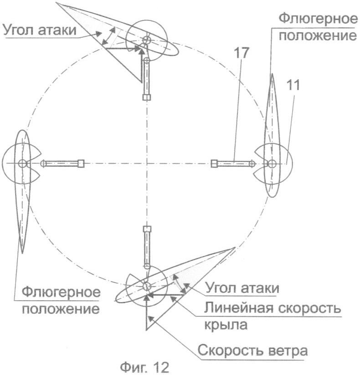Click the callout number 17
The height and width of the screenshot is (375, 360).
[x=242, y=53]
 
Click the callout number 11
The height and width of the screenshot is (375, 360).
[x=293, y=85]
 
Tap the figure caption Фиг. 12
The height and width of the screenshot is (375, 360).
[x=144, y=367]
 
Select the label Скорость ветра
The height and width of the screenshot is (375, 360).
[x=252, y=351]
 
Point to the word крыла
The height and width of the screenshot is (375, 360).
[x=226, y=324]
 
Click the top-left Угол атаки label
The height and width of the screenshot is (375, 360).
[x=40, y=30]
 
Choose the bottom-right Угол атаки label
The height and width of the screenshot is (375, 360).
[x=242, y=288]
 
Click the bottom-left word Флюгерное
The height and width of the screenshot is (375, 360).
[x=62, y=292]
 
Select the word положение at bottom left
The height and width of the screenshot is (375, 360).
[x=61, y=309]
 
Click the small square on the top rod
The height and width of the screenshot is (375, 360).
[x=147, y=97]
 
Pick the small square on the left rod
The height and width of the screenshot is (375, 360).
[x=81, y=163]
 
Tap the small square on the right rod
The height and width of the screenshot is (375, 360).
[x=214, y=163]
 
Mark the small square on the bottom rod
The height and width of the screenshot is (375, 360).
[x=147, y=229]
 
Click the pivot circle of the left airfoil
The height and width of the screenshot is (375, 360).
[x=22, y=163]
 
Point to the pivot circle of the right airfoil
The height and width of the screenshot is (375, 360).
[x=272, y=164]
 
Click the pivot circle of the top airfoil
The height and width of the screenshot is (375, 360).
[x=147, y=40]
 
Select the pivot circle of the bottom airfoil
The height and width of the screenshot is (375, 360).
[x=146, y=286]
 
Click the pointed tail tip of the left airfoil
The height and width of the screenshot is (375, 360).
[x=22, y=253]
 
